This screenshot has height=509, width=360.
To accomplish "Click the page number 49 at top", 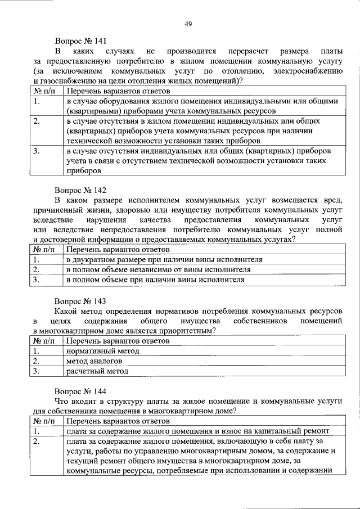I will tap(188, 23).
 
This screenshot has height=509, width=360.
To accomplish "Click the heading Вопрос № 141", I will tap(80, 40).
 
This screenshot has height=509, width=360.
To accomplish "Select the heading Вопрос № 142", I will tap(80, 190).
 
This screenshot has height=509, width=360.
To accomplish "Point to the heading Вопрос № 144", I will tap(80, 390).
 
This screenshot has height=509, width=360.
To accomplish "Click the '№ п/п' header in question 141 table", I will tap(45, 91).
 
